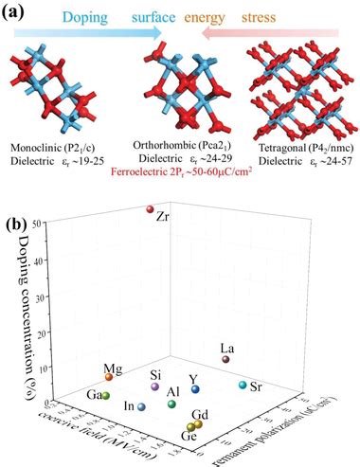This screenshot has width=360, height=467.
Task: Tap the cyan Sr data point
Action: [243, 386]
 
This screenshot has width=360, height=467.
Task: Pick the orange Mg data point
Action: [109, 377]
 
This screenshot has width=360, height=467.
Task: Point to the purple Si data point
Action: [154, 387]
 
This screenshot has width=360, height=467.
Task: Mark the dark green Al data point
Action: [171, 404]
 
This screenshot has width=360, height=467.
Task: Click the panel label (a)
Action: [19, 11]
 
